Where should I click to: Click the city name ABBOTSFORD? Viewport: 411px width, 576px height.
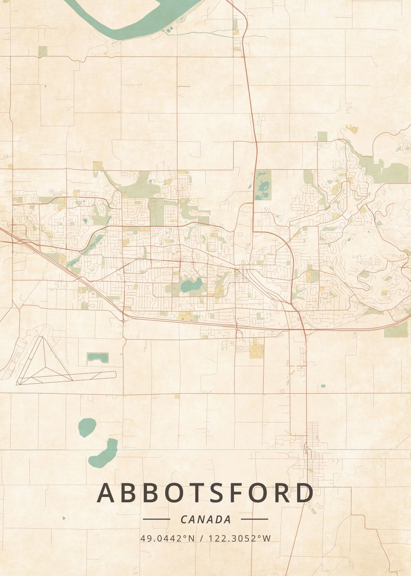tap(206, 493)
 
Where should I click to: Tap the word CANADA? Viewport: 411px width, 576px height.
tap(206, 519)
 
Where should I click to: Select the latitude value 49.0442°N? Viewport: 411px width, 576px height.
tap(167, 538)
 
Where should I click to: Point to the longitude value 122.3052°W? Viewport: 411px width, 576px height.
tap(240, 538)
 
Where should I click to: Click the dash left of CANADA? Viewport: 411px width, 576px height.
tap(156, 519)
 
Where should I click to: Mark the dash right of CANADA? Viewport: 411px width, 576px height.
tap(254, 519)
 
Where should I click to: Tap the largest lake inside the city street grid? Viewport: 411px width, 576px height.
tap(190, 286)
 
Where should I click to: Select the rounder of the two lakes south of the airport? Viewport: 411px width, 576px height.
tap(87, 427)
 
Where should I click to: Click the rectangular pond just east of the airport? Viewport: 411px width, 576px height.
tap(97, 358)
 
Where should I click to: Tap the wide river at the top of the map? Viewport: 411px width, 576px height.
tap(134, 19)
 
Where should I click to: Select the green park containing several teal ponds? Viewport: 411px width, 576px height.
tap(263, 185)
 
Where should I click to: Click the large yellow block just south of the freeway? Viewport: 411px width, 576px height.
tap(256, 349)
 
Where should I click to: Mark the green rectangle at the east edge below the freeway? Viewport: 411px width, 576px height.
tap(396, 329)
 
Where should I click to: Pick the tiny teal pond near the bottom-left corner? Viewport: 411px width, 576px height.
tap(63, 518)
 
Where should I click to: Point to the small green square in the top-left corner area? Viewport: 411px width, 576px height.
tap(43, 51)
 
